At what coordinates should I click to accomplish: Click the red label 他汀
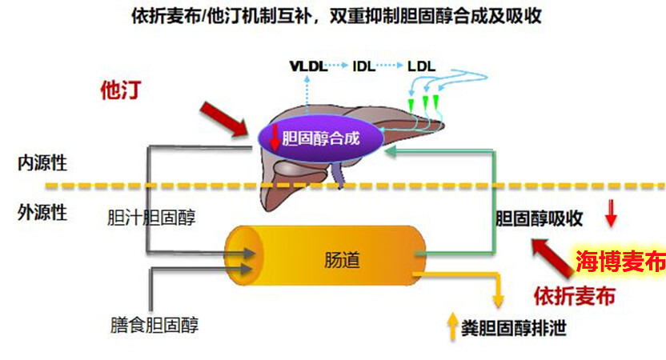coord(121,90)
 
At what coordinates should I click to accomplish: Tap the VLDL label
coord(308,66)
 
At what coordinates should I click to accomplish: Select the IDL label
coord(364,66)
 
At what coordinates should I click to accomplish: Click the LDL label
coord(421,66)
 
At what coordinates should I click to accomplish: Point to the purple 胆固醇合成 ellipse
coord(321,138)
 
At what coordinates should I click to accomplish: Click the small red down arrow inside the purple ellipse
coord(275,137)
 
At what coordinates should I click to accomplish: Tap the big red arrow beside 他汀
coord(224,120)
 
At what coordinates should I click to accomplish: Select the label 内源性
coord(42,163)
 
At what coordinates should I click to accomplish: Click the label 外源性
coord(42,213)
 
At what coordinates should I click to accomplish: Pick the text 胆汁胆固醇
coord(151,218)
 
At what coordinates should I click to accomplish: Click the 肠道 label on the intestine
coord(342,260)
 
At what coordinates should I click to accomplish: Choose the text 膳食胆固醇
coord(154,325)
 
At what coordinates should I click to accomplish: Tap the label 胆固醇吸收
coord(539,218)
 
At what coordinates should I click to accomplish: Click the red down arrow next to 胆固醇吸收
coord(611,214)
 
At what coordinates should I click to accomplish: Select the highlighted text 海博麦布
coord(620,262)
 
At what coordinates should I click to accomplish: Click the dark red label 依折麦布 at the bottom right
coord(574,296)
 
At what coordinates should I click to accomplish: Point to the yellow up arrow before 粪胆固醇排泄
coord(453,327)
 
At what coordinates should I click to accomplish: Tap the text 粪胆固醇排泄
coord(514,328)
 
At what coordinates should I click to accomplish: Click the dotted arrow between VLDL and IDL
coord(339,66)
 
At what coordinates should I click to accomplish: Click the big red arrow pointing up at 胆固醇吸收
coord(552,258)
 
